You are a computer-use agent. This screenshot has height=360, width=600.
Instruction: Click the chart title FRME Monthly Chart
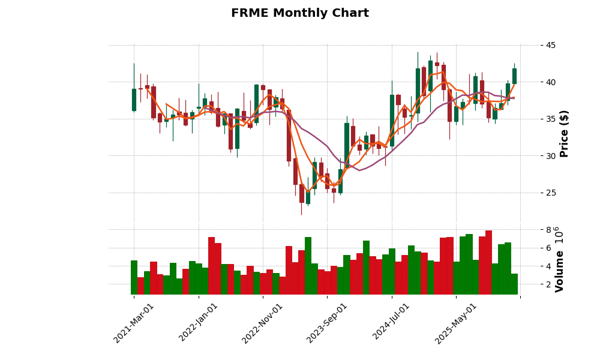300,13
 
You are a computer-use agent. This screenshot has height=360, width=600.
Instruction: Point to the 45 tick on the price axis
550,45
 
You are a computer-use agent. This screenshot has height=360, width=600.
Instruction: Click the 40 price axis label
550,82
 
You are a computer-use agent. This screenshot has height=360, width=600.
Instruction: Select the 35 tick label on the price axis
550,119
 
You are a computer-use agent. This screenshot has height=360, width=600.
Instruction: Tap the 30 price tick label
550,156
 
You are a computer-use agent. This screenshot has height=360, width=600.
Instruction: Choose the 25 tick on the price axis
550,193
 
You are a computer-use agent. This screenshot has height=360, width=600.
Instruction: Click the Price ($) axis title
564,134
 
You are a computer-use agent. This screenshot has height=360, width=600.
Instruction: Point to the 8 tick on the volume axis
548,230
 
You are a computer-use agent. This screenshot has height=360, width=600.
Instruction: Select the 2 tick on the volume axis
548,284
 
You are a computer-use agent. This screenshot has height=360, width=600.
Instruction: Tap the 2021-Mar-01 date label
134,323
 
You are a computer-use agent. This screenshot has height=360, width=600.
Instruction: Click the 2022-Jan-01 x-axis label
199,323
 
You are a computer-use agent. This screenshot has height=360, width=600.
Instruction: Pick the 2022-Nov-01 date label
263,323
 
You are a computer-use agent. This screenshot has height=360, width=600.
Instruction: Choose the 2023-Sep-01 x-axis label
327,323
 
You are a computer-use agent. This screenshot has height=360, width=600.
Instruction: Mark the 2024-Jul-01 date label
391,323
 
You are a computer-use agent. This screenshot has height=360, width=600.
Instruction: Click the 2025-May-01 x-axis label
456,323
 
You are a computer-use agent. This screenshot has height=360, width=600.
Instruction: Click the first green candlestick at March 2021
134,100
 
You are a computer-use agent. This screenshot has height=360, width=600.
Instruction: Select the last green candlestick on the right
514,76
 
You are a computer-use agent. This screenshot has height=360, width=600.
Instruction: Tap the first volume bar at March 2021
134,277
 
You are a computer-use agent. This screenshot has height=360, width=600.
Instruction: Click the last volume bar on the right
514,284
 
